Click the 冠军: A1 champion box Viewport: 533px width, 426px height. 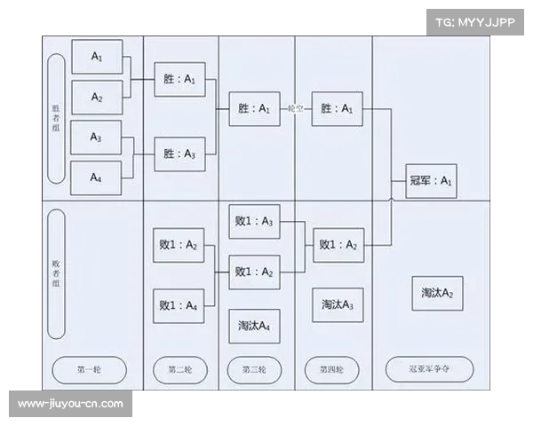[431, 180]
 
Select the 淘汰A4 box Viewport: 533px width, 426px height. [255, 326]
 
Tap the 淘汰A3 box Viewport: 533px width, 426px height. [338, 304]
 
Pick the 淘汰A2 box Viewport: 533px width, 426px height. [436, 293]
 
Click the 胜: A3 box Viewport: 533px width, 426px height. [179, 154]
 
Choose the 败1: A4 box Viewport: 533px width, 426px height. [179, 306]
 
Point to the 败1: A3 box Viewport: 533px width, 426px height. [254, 221]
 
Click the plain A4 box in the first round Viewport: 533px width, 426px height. [96, 177]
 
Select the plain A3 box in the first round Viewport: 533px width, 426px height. [96, 137]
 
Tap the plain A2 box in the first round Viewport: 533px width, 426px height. [96, 97]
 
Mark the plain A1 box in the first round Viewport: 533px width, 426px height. [96, 56]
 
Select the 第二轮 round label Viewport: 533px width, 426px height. [179, 369]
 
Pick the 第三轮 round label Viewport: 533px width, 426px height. [255, 369]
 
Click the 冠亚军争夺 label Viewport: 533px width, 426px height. [429, 369]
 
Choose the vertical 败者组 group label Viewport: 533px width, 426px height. [56, 273]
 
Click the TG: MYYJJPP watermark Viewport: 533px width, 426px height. [474, 22]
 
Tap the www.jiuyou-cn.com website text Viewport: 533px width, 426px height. [71, 404]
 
